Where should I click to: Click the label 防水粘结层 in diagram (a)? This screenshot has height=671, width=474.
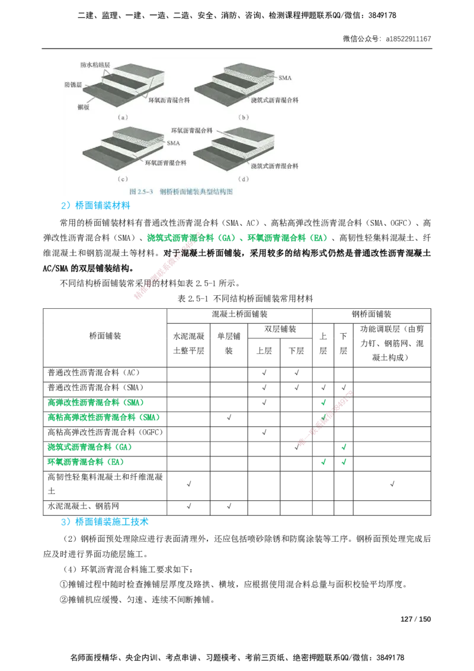point(96,64)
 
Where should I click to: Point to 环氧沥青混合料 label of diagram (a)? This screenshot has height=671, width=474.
point(169,101)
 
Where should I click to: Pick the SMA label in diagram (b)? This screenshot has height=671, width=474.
point(285,78)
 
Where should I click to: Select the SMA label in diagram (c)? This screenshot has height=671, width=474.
point(174,143)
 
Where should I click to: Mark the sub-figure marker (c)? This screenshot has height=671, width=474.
point(123,178)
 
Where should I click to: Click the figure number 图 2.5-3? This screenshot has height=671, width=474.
point(141,192)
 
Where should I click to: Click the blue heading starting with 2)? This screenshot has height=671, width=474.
point(95,206)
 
